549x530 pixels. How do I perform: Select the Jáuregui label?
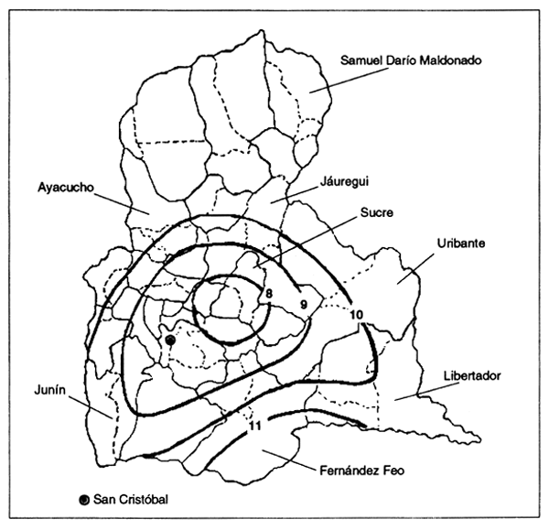(345, 182)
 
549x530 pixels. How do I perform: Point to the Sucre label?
(376, 213)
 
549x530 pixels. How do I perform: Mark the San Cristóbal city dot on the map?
(170, 341)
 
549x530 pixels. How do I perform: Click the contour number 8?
(270, 293)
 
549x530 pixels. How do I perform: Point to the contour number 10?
(357, 315)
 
